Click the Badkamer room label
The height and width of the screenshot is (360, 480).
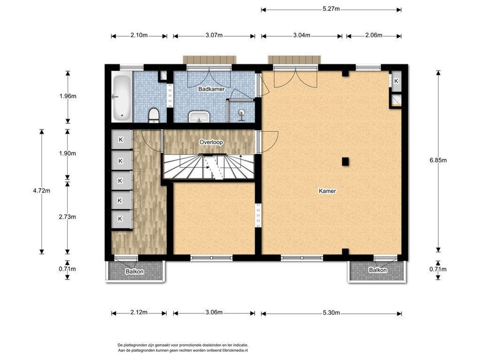click(x=211, y=89)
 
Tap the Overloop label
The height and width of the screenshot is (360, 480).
click(x=211, y=142)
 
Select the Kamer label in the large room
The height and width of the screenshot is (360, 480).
click(x=327, y=191)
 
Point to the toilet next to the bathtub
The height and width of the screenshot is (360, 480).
click(x=154, y=115)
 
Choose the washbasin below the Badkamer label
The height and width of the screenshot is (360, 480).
click(x=199, y=117)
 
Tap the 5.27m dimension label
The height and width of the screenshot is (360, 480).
click(x=331, y=9)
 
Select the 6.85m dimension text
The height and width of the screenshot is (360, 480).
click(x=438, y=160)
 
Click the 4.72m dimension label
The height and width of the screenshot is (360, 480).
click(x=42, y=191)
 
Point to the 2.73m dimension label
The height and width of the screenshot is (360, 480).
click(x=67, y=217)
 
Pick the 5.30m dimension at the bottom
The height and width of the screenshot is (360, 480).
click(x=331, y=313)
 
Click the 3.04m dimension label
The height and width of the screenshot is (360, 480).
click(x=302, y=35)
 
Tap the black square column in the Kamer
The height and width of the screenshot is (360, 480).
click(x=345, y=162)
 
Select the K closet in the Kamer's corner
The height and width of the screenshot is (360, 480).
click(x=396, y=81)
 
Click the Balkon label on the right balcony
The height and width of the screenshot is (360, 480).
click(x=378, y=270)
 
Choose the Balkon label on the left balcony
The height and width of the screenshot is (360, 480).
click(x=134, y=271)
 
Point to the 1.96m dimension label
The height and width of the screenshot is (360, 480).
click(x=68, y=96)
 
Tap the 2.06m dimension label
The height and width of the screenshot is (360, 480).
click(x=374, y=35)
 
